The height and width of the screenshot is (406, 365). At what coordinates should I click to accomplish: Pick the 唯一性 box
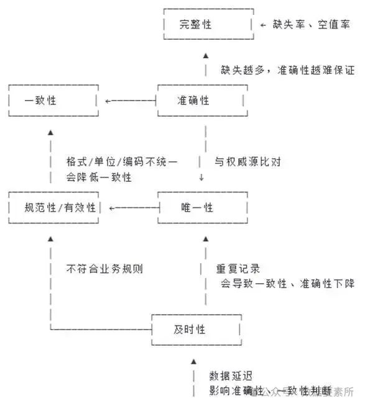(196, 207)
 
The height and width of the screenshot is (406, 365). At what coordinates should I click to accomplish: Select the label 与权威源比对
(247, 163)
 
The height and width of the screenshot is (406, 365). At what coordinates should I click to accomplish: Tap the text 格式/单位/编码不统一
(122, 163)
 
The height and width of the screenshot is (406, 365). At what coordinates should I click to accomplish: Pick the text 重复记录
(238, 269)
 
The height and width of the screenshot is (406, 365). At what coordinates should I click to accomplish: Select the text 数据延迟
(231, 376)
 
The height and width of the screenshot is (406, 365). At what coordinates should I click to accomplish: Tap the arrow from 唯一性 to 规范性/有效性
(131, 207)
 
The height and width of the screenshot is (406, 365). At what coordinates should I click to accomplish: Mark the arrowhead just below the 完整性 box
(206, 55)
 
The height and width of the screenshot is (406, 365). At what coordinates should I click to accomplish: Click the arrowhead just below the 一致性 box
(52, 132)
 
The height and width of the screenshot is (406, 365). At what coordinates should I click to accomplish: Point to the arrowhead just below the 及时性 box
(193, 361)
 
